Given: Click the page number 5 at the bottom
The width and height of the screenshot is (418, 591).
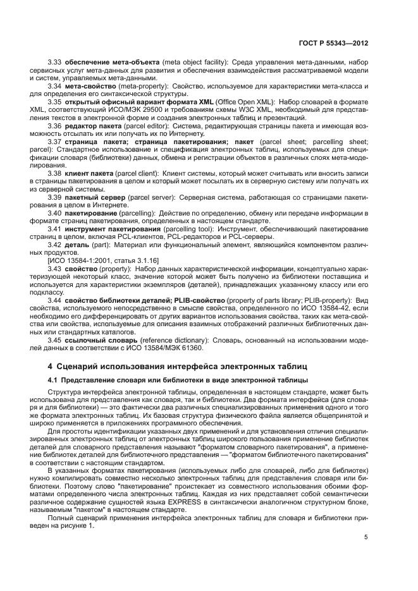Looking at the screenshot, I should (x=366, y=537).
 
